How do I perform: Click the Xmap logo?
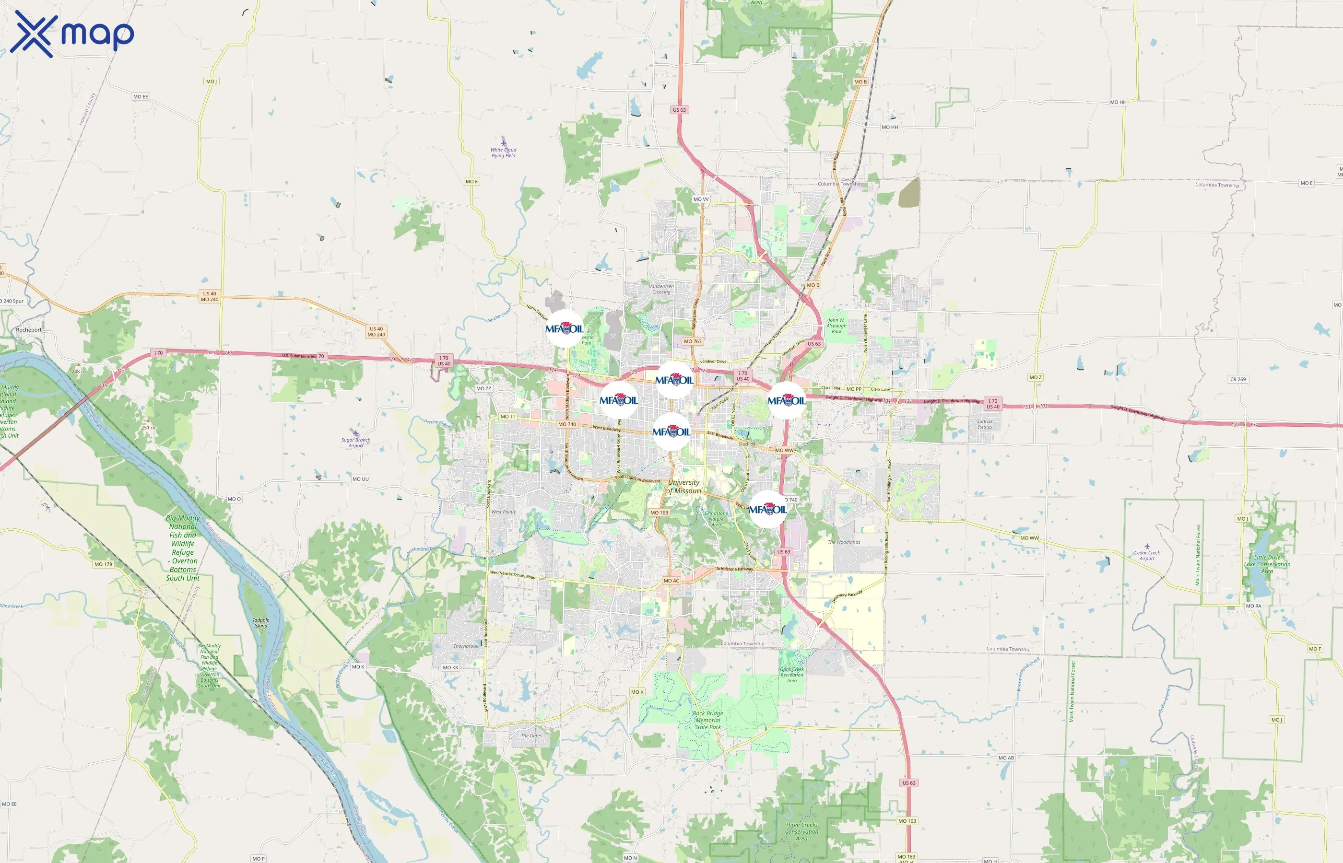tap(72, 34)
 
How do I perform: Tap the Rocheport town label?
tap(29, 330)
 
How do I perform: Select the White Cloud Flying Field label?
tap(503, 152)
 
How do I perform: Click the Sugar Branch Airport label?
tap(355, 443)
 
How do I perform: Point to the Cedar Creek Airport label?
tap(1147, 555)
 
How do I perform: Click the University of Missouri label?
tap(684, 487)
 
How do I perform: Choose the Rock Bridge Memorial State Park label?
tap(708, 720)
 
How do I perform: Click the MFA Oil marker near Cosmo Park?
tap(565, 329)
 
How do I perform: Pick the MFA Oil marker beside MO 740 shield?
tap(768, 509)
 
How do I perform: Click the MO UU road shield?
tap(360, 479)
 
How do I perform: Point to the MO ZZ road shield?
tap(483, 388)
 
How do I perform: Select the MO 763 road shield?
tap(692, 341)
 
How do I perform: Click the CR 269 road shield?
tap(1237, 379)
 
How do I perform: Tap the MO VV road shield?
tap(701, 199)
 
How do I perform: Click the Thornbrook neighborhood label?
tap(466, 646)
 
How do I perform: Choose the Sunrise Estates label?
tap(985, 424)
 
